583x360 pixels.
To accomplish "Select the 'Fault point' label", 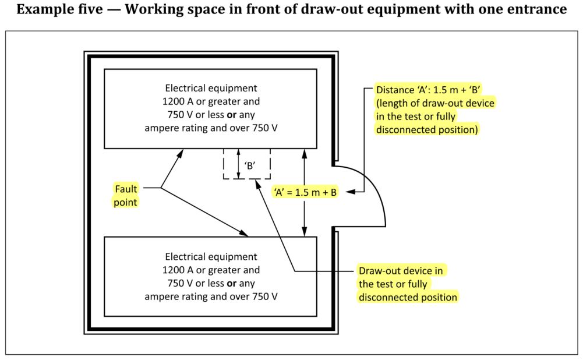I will click(126, 195).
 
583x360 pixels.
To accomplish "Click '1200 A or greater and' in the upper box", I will click(211, 101).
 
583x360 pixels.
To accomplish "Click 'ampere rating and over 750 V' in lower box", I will click(211, 297).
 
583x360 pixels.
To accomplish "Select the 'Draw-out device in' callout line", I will click(401, 271).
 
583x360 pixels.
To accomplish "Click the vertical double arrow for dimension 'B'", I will click(239, 164).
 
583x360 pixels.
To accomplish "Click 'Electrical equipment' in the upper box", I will click(211, 88).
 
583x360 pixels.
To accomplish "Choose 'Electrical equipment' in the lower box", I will click(211, 257).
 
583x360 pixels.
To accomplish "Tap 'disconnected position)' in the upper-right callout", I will click(427, 129).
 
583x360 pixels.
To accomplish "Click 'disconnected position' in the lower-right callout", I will click(408, 297).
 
